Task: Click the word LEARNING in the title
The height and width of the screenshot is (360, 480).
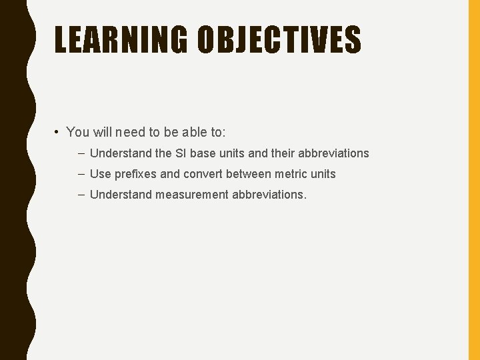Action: point(121,39)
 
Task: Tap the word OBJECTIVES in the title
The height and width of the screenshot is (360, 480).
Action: point(279,39)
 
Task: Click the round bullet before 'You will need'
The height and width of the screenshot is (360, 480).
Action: point(59,132)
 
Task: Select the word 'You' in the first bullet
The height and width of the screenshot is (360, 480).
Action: point(78,132)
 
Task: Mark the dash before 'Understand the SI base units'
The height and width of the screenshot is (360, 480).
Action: point(81,153)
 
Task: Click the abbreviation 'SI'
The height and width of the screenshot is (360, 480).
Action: point(181,153)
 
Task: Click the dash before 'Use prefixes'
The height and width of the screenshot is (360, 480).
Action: point(81,173)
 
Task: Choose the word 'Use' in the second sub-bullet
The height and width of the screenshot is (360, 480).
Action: point(100,174)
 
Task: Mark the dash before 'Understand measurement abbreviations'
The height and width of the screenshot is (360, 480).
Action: point(81,194)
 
